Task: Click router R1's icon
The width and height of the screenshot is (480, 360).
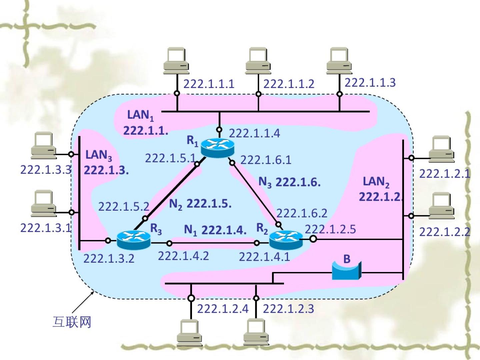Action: click(x=218, y=148)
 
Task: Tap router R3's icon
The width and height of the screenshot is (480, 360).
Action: click(x=133, y=239)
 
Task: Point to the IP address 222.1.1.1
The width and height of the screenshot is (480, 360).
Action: click(x=209, y=84)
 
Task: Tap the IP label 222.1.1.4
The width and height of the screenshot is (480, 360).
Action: click(x=254, y=133)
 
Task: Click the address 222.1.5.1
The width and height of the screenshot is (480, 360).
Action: click(x=170, y=158)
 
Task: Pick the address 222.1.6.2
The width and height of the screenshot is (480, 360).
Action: click(x=302, y=213)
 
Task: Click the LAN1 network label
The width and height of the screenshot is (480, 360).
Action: click(x=140, y=115)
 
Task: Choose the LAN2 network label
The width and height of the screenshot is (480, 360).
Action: click(x=376, y=182)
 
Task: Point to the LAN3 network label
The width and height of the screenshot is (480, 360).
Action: click(x=99, y=155)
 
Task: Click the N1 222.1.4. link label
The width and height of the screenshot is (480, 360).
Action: click(x=215, y=230)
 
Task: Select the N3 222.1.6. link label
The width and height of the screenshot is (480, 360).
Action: click(x=289, y=182)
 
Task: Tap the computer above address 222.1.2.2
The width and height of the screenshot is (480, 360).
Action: click(x=441, y=206)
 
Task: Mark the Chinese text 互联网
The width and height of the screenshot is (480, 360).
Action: click(x=72, y=322)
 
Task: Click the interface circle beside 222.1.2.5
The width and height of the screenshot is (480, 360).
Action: click(x=313, y=239)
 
